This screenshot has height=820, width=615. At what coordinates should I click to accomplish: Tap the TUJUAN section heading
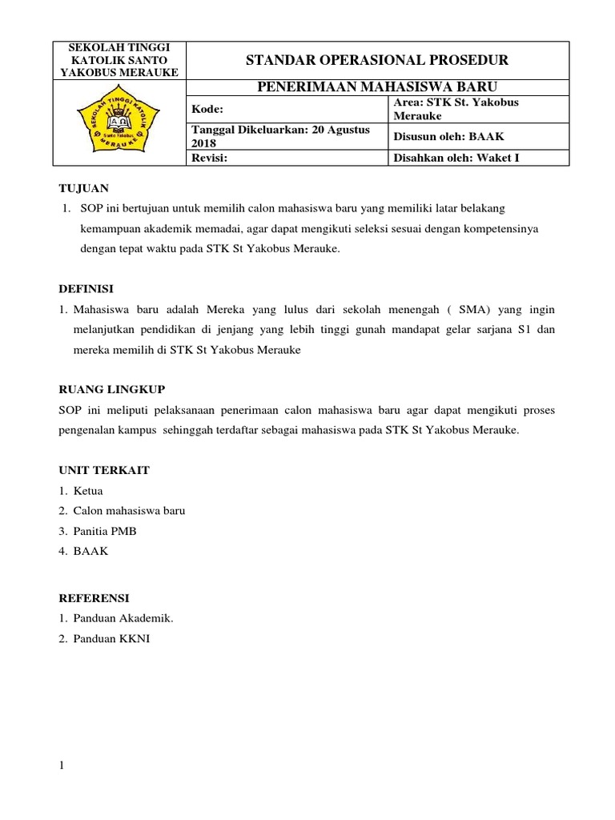[84, 189]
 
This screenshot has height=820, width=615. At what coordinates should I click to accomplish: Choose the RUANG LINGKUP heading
[112, 389]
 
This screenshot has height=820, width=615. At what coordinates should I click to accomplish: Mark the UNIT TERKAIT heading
[104, 470]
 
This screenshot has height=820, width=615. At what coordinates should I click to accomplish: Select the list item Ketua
[88, 491]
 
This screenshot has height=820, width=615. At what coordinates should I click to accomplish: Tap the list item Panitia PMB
[105, 531]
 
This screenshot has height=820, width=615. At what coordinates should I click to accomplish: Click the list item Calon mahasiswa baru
[129, 511]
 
